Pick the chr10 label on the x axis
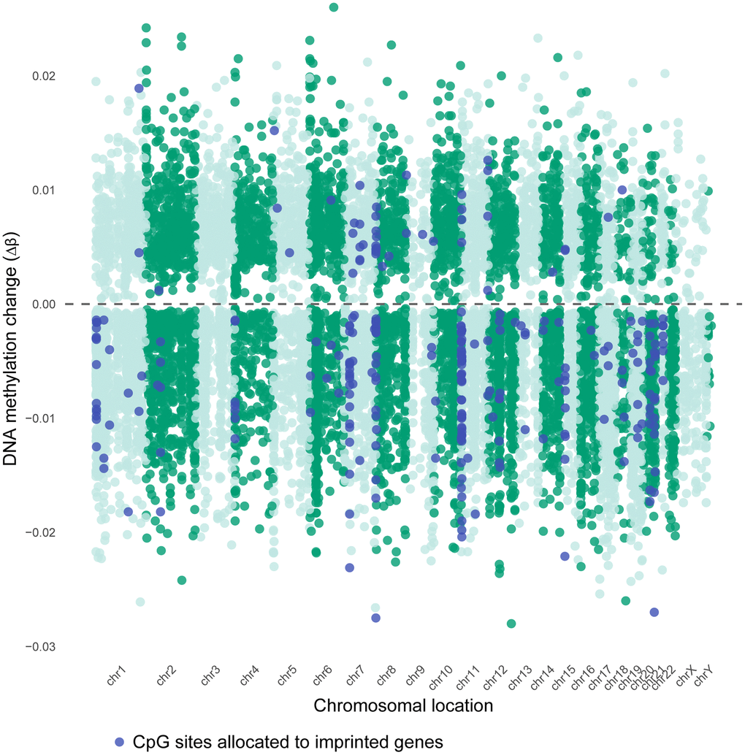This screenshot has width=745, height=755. click(440, 676)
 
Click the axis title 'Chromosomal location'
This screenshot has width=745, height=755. click(402, 706)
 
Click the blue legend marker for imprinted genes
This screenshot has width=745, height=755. click(121, 741)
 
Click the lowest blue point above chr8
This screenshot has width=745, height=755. click(375, 618)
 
